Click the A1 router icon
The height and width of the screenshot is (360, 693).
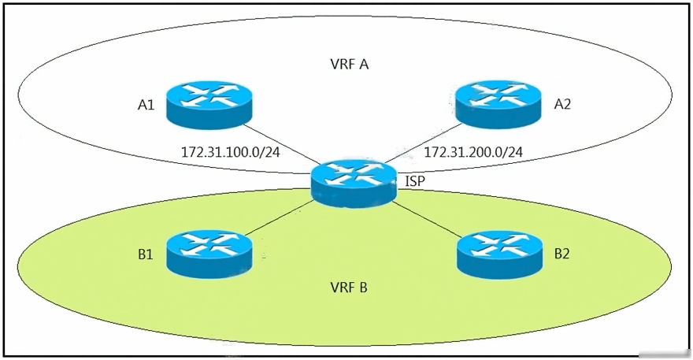(x=209, y=105)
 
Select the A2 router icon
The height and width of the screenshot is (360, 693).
(x=498, y=105)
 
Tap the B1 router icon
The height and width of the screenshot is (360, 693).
(x=209, y=254)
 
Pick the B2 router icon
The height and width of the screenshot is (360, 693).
(x=499, y=254)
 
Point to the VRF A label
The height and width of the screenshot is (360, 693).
(x=349, y=65)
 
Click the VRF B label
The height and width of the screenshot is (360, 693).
(x=349, y=288)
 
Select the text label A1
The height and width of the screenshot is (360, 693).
(x=146, y=105)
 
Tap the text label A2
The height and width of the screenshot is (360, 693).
(x=562, y=104)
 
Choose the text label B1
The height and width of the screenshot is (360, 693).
(x=146, y=254)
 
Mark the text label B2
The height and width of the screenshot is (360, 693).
(x=561, y=254)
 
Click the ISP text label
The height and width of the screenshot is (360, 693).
(x=415, y=181)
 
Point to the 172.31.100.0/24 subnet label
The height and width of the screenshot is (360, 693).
(x=231, y=152)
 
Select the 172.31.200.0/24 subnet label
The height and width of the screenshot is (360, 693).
(x=473, y=152)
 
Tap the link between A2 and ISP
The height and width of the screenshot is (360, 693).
(x=423, y=143)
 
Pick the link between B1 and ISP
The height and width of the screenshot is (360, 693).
(x=280, y=218)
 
